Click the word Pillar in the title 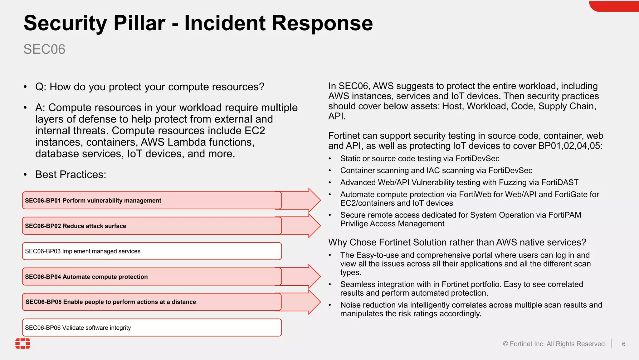click(139, 23)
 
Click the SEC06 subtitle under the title click(44, 49)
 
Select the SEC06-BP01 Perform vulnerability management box click(152, 200)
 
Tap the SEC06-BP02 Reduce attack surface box click(152, 226)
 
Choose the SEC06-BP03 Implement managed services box click(152, 251)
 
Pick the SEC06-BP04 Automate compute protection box click(152, 277)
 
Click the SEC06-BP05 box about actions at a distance click(152, 302)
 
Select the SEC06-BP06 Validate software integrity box click(152, 327)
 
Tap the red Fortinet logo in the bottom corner click(23, 343)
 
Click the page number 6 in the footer click(623, 344)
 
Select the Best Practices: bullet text click(71, 174)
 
